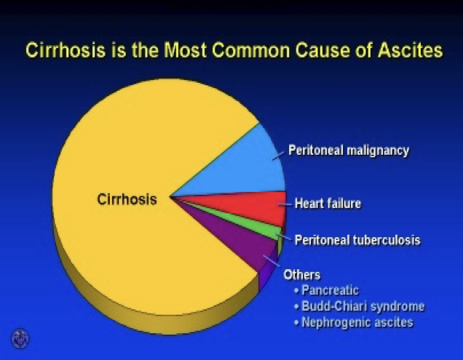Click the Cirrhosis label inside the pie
(x=127, y=199)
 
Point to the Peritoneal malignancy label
(x=349, y=151)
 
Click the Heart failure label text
(x=328, y=204)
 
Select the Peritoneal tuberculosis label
(x=357, y=240)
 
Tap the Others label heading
(x=302, y=275)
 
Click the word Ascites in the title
(x=411, y=49)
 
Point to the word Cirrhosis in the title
(x=66, y=49)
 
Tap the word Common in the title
(x=251, y=49)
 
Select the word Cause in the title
(x=322, y=49)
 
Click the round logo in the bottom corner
(x=20, y=338)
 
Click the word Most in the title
(x=185, y=49)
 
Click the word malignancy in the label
(x=379, y=151)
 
